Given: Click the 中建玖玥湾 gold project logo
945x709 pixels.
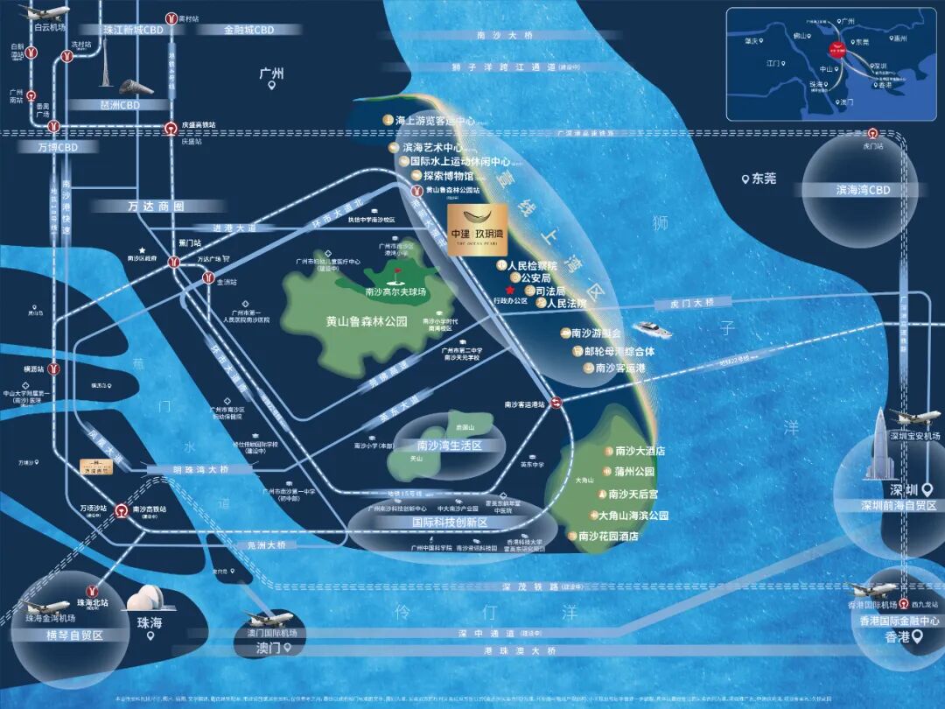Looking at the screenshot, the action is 477,226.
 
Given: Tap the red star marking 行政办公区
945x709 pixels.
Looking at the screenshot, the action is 509,291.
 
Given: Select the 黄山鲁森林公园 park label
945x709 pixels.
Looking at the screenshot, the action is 354,321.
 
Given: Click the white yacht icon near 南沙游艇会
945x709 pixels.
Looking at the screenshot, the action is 652,330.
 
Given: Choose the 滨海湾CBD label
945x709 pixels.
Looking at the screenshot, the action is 863,190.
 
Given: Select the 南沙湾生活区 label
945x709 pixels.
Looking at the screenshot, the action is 449,446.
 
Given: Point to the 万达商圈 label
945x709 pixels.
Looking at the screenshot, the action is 155,207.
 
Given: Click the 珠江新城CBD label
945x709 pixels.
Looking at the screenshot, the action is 133,30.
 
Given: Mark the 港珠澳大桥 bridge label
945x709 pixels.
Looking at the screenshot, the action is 527,651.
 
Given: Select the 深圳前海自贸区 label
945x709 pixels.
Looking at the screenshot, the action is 887,506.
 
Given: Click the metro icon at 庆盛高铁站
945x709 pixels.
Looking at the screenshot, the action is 171,127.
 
